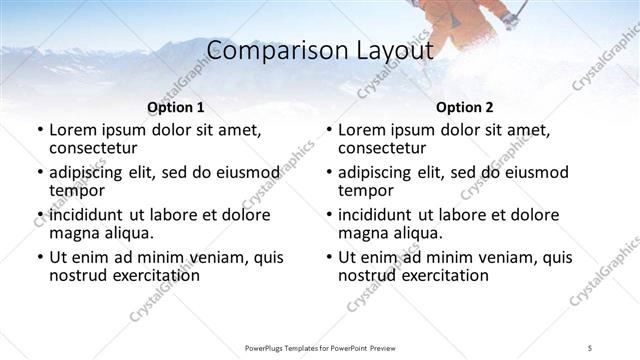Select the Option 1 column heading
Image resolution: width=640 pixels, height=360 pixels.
(176, 107)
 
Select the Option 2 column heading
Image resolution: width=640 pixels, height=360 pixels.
(464, 107)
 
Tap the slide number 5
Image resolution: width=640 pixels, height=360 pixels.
(590, 347)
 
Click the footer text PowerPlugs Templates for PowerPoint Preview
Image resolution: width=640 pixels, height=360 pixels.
(320, 347)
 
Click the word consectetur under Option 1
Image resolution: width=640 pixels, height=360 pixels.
(94, 147)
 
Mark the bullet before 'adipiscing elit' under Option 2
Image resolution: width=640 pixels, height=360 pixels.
(328, 173)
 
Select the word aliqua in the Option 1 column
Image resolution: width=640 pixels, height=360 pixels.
(127, 233)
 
